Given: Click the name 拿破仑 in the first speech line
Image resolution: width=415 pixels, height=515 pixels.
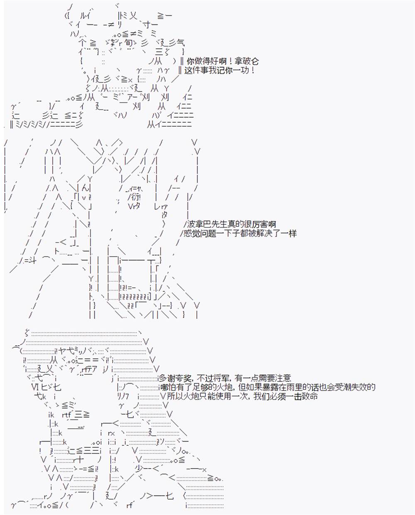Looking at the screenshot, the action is (247, 61).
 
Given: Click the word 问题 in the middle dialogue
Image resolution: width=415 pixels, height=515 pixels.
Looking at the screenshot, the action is (208, 233).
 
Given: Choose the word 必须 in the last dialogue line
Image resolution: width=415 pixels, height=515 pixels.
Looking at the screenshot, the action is (278, 396).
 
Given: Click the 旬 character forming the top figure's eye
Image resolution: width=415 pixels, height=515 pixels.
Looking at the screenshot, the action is (129, 43).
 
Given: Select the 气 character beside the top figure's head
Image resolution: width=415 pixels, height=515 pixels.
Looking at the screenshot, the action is (180, 43).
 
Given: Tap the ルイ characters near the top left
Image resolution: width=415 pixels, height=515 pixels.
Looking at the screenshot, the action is (85, 16).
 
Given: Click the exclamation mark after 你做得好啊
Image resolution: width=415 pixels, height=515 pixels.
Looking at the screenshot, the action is (230, 61).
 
